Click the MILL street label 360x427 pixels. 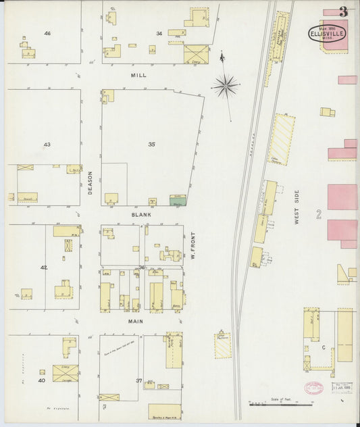138,76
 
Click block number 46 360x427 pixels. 47,33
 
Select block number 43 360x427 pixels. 47,145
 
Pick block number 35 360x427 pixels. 151,145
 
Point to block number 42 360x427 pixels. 44,268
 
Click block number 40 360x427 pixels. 41,380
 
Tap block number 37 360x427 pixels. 139,380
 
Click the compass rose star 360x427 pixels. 226,86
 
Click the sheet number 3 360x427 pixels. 344,11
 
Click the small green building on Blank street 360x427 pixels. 178,201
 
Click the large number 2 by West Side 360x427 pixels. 317,216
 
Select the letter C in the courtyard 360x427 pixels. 324,347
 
